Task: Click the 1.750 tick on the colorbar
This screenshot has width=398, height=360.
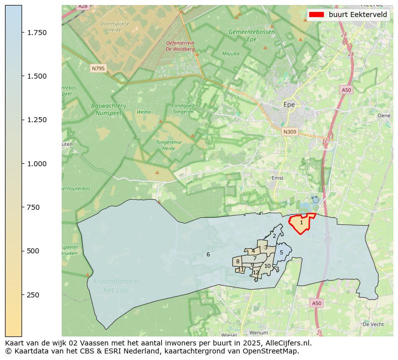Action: (22, 33)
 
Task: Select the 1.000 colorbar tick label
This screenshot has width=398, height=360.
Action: (37, 164)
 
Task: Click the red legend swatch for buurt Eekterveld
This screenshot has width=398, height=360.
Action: (316, 15)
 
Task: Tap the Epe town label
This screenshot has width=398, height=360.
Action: (289, 105)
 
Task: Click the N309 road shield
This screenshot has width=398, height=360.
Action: (289, 132)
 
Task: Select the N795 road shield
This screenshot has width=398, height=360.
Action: (98, 68)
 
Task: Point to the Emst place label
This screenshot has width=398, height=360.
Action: (278, 178)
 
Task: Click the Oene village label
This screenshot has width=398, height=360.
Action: (383, 115)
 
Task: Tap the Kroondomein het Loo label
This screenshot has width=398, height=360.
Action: (116, 286)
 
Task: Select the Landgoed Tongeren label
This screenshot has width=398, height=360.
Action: (182, 109)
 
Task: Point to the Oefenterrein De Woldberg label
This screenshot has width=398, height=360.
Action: (179, 46)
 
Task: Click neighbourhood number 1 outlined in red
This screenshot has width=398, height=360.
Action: (301, 223)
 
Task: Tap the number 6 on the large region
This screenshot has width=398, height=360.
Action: (208, 255)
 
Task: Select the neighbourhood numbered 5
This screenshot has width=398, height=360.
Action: (281, 253)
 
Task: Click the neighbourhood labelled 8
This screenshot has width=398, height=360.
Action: (238, 262)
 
